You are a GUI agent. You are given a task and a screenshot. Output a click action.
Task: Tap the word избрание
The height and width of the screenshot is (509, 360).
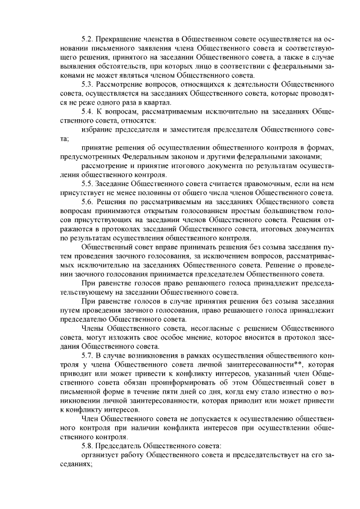pyautogui.click(x=99, y=129)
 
